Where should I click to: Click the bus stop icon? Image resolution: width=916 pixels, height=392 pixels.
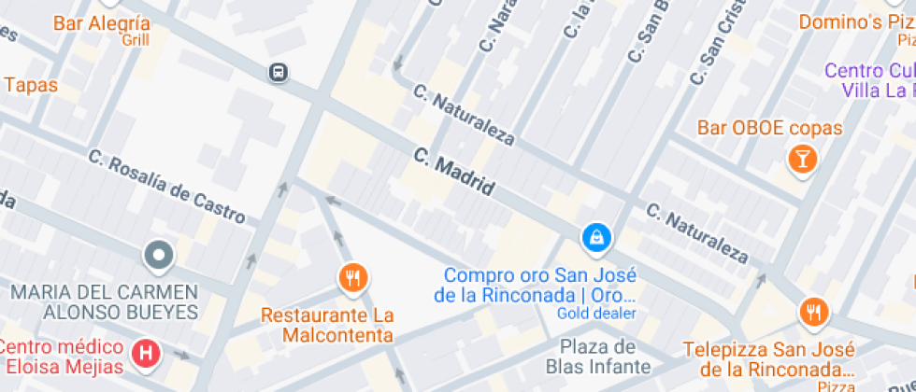(x=278, y=72)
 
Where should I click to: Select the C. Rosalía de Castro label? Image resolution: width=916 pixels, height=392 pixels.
(x=168, y=187)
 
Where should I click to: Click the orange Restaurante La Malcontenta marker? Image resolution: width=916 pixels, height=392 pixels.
(x=352, y=277)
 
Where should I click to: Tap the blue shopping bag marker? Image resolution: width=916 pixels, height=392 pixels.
(x=595, y=238)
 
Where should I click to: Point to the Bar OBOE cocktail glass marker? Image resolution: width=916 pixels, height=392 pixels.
(x=802, y=159)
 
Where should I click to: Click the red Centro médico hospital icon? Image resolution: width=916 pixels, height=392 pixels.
(x=146, y=353)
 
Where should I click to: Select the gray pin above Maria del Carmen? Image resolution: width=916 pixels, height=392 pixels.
(x=158, y=254)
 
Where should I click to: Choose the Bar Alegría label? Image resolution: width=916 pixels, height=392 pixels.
(x=101, y=24)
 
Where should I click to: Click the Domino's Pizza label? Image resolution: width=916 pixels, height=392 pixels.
(x=855, y=21)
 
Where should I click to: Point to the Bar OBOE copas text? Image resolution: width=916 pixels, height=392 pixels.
(x=769, y=129)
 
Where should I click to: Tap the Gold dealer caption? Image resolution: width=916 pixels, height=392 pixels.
(x=596, y=314)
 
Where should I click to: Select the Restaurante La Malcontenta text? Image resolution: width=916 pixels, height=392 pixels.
(x=327, y=326)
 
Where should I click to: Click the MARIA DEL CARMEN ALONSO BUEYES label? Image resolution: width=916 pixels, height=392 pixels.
(x=105, y=301)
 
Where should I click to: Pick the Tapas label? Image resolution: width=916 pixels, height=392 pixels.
(x=31, y=85)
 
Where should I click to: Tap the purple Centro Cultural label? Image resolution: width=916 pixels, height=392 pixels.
(x=869, y=80)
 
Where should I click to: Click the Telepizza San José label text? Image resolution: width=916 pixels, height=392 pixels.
(x=769, y=359)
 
